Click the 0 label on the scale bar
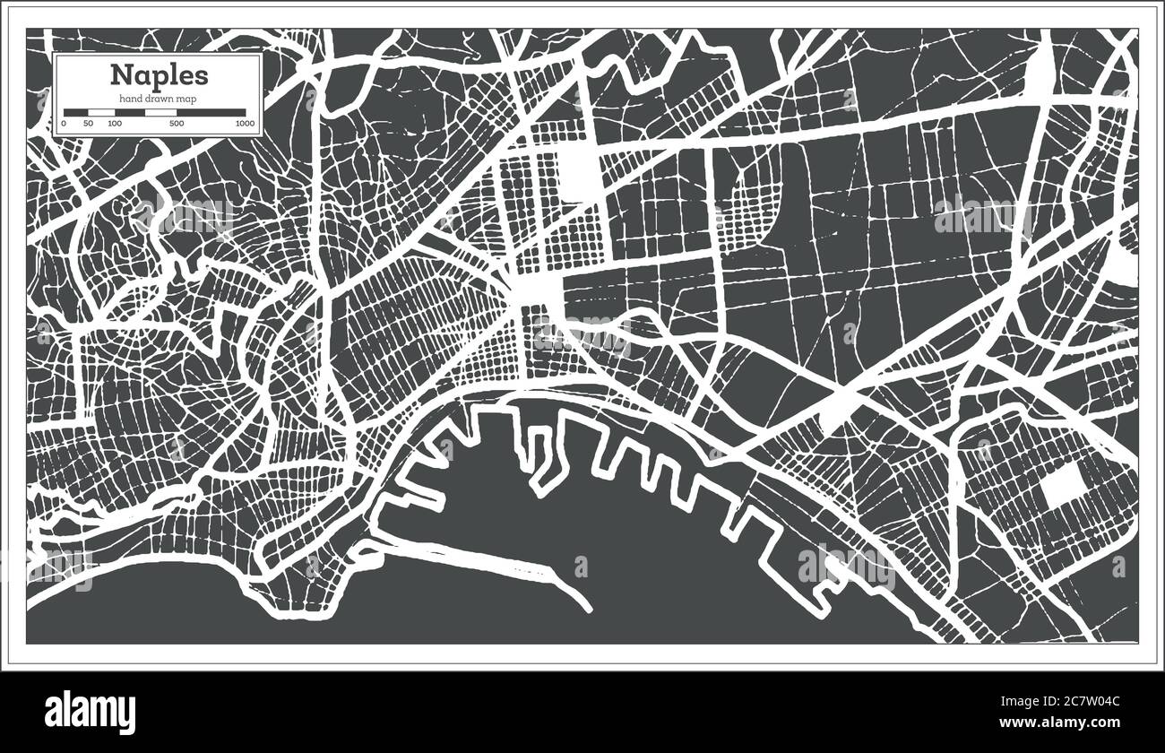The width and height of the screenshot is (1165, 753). [x=65, y=123]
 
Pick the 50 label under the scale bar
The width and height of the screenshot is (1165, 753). [x=88, y=123]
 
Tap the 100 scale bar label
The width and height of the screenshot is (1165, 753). [x=115, y=123]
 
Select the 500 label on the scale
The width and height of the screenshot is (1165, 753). [x=177, y=123]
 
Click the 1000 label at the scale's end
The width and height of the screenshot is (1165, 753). [x=244, y=123]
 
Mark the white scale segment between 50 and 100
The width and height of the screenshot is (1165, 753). [x=100, y=113]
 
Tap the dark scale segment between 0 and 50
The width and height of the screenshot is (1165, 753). [x=75, y=113]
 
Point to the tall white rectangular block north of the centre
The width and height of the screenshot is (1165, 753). [x=582, y=175]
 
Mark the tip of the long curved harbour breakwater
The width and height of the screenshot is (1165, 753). [x=588, y=610]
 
